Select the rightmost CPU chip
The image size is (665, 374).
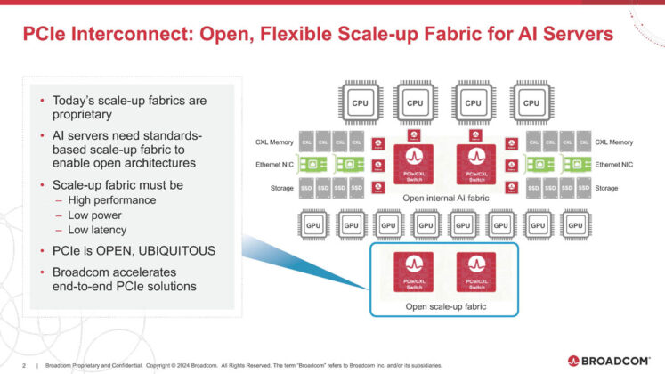[531, 103]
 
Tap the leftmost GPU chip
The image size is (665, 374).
[313, 226]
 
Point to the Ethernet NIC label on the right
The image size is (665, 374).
[613, 165]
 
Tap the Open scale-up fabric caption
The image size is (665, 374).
[442, 307]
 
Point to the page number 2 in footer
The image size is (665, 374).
[24, 364]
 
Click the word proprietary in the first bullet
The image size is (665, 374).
[81, 115]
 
